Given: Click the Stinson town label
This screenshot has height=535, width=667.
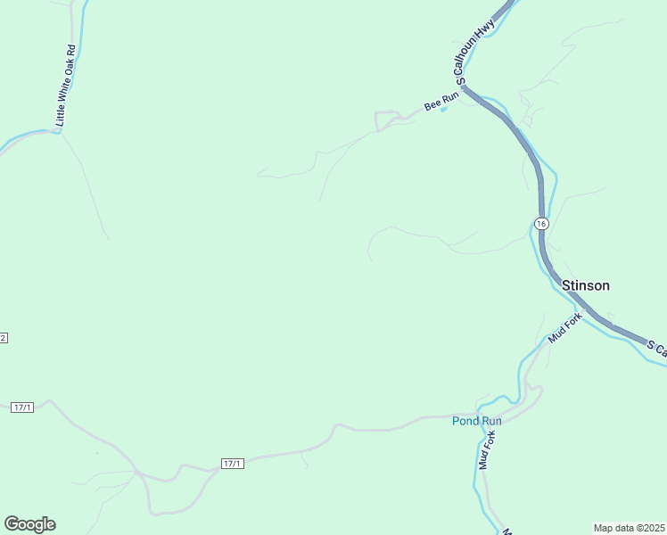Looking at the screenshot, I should click(586, 285).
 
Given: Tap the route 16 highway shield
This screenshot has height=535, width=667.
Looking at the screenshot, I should click(541, 222).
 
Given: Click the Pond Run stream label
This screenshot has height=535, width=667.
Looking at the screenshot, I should click(477, 421).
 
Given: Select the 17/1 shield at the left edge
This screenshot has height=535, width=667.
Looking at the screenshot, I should click(22, 407).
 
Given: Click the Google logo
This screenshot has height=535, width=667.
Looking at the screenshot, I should click(29, 524).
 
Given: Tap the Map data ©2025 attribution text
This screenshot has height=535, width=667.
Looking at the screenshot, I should click(629, 527).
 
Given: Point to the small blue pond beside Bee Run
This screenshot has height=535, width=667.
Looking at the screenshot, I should click(444, 110).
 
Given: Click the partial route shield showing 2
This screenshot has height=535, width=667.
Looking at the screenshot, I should click(4, 338).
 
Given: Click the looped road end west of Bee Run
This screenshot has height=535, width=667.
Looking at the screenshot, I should click(384, 119).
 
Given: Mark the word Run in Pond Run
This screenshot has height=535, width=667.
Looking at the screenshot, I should click(491, 421).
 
